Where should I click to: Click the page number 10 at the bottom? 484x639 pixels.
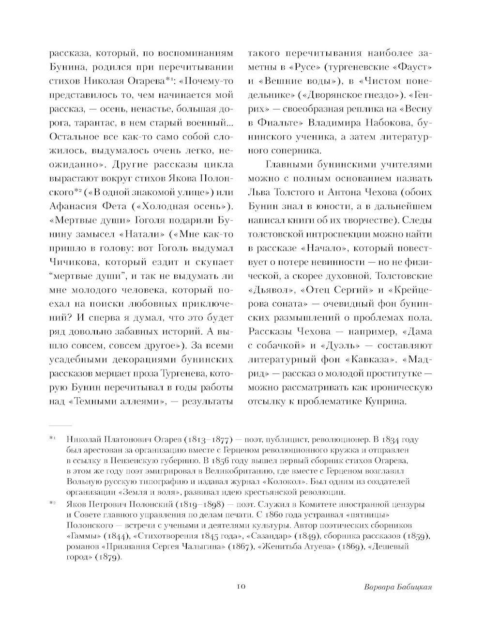[242, 587]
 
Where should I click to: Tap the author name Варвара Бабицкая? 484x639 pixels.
[397, 587]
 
